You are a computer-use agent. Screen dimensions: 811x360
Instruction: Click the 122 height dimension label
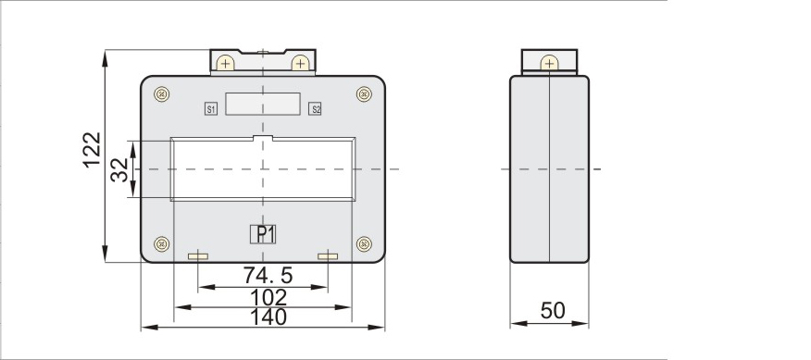click(x=92, y=150)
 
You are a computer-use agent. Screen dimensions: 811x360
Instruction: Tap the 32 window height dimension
click(x=119, y=169)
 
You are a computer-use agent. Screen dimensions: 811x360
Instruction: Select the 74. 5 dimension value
click(x=268, y=275)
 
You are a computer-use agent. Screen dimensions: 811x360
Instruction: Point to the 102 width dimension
click(x=268, y=297)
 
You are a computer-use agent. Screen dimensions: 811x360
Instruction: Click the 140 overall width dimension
click(x=268, y=317)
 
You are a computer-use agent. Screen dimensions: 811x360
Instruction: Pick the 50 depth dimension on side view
click(x=553, y=310)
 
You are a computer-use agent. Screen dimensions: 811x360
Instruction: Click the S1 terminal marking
click(x=211, y=109)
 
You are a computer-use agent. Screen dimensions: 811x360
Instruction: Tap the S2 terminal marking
click(x=315, y=109)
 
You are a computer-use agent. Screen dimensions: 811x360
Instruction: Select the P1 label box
click(x=263, y=234)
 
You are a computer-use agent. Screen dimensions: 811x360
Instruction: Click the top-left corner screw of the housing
click(x=162, y=94)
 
